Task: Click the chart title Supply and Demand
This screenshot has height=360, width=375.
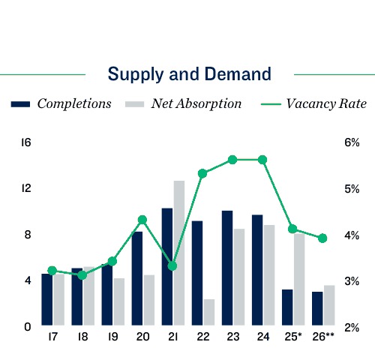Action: (x=189, y=74)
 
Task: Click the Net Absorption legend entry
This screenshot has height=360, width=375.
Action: (x=183, y=103)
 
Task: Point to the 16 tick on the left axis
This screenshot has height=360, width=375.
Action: (x=25, y=142)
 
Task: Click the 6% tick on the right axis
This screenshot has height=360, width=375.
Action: (x=352, y=142)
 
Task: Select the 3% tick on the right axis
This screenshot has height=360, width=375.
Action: (x=352, y=281)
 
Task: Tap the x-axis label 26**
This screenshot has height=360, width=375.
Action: (x=323, y=337)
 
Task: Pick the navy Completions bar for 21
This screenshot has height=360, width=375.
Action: (x=167, y=267)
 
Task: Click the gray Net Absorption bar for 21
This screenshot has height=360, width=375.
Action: (x=179, y=253)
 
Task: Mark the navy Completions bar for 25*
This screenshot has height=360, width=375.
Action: (x=287, y=307)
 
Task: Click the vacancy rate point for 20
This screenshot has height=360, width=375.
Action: (x=142, y=220)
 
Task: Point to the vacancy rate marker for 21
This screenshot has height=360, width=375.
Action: (x=172, y=265)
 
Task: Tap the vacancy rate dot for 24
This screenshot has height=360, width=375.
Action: (x=262, y=160)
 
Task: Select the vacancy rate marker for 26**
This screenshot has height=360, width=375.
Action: (x=322, y=238)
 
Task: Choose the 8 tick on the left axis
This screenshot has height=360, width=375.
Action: (x=27, y=235)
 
